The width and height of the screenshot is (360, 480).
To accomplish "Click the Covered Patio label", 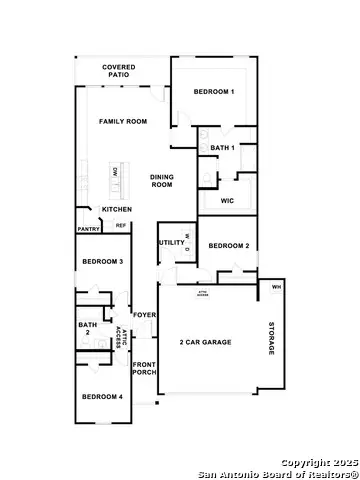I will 119,71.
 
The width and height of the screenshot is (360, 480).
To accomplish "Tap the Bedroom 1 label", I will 214,92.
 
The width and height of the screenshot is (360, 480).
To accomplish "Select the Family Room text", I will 123,121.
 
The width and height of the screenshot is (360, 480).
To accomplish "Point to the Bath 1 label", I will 222,148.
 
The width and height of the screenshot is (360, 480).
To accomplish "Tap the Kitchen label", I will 117,209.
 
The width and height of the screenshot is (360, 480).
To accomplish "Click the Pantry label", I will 88,229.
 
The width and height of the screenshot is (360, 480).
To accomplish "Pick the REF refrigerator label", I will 121,226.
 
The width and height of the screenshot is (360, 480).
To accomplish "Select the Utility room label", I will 171,243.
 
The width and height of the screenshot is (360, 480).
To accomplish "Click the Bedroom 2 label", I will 228,245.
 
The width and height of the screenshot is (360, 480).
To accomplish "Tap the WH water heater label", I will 276,288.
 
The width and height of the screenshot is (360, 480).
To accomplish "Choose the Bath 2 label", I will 87,328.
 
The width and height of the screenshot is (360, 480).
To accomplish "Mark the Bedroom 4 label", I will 101,397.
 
